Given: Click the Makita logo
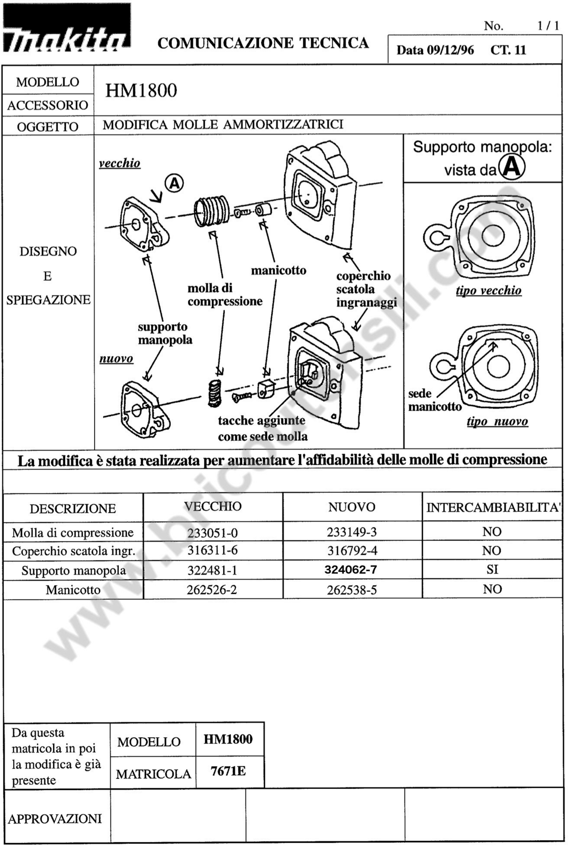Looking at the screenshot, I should tap(66, 28).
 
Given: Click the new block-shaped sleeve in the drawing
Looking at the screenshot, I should tap(266, 389).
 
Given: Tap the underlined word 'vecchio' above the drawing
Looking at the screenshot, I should tap(119, 163).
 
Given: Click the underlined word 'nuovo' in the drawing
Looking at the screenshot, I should tap(116, 359).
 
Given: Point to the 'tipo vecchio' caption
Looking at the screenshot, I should tap(488, 291).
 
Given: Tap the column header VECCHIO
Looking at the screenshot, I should tap(213, 507).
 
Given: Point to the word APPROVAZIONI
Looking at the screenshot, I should tap(55, 819).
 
